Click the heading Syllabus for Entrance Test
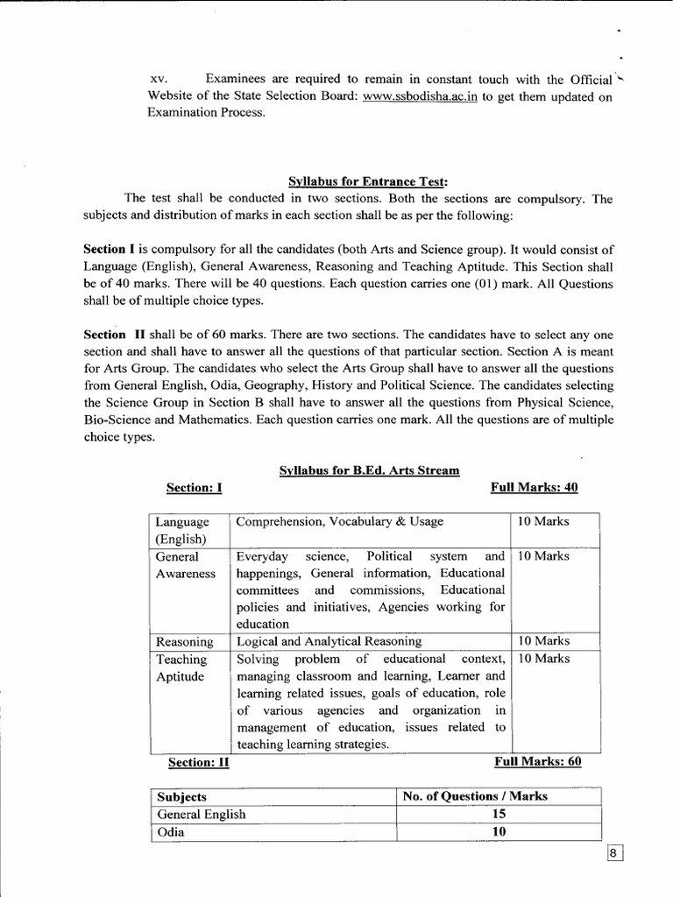[368, 181]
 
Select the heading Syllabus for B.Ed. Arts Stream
[369, 470]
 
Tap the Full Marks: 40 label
[534, 487]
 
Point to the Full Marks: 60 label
[538, 761]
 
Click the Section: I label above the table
[194, 488]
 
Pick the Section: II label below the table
[199, 762]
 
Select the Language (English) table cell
[182, 530]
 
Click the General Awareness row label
[185, 565]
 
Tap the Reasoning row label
[184, 641]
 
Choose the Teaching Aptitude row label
[181, 667]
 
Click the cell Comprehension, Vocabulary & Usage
[340, 521]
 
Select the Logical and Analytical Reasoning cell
[329, 641]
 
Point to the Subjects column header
[181, 796]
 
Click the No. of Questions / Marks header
[475, 796]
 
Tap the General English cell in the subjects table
[201, 814]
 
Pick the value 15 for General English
[499, 814]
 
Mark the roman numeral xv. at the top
[158, 81]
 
